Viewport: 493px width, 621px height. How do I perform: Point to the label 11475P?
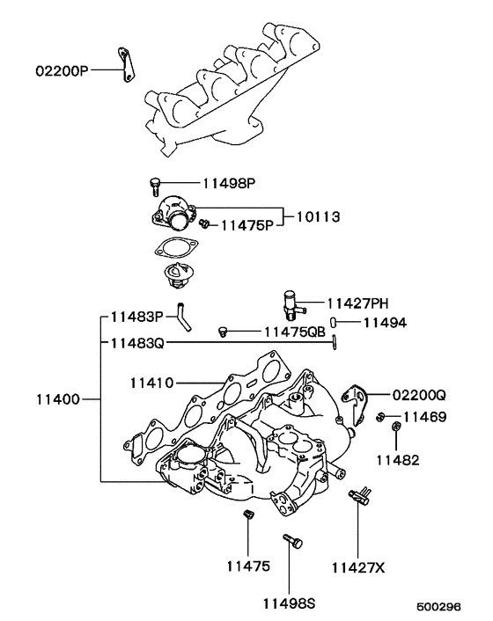pyautogui.click(x=246, y=225)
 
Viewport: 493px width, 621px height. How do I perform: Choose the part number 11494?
pyautogui.click(x=385, y=323)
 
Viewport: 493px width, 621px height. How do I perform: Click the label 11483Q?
pyautogui.click(x=136, y=343)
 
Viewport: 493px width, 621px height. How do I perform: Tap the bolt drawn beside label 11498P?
pyautogui.click(x=155, y=186)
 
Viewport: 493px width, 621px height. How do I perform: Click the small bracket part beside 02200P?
pyautogui.click(x=124, y=68)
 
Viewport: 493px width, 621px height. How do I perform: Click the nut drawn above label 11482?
pyautogui.click(x=394, y=429)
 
